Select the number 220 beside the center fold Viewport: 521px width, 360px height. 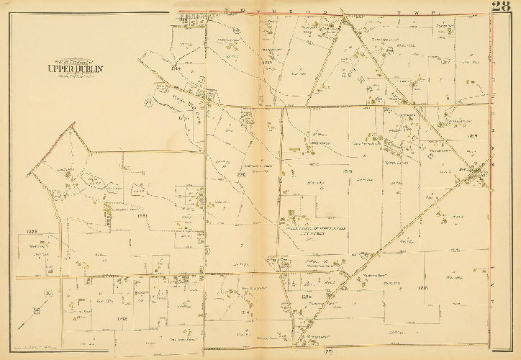pos(242,174)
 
